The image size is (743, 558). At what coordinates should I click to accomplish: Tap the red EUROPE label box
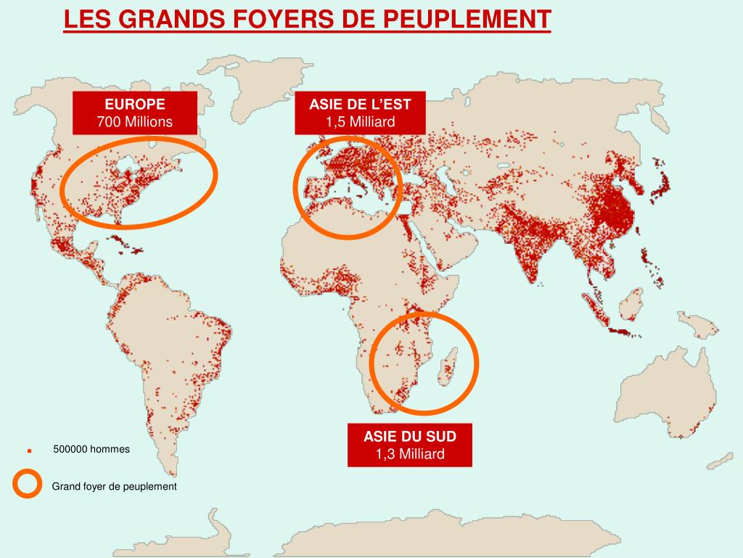point(135,113)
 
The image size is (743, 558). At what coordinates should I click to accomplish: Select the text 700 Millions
point(135,121)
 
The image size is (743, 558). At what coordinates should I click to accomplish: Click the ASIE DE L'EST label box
point(360,113)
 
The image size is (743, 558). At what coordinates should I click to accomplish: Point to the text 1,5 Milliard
point(360,121)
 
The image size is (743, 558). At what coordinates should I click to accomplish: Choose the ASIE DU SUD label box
point(410,445)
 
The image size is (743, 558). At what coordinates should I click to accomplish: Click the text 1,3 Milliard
point(410,454)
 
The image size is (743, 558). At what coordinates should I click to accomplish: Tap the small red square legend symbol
point(30,450)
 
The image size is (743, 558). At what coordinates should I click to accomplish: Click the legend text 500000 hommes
point(91,449)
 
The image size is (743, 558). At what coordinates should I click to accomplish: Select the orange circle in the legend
point(27,485)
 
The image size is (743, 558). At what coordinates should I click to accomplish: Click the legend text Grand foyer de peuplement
point(114,486)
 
